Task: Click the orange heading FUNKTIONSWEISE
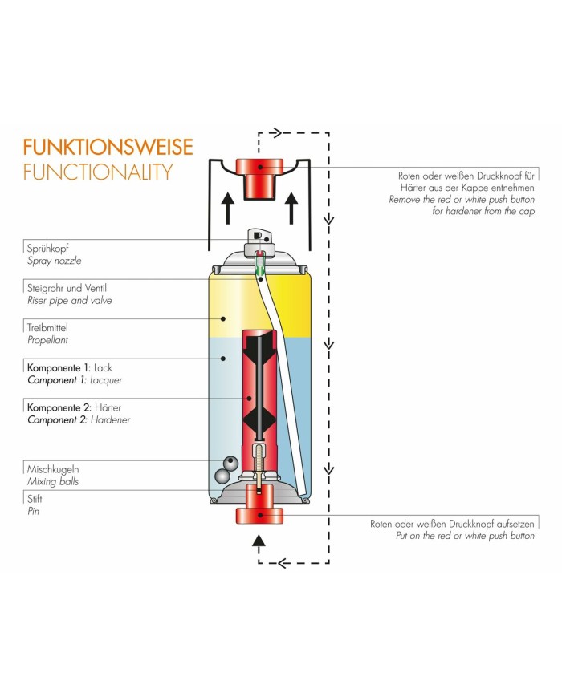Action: pyautogui.click(x=108, y=148)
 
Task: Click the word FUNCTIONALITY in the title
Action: pyautogui.click(x=98, y=171)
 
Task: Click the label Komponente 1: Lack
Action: pyautogui.click(x=70, y=367)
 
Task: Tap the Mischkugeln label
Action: pyautogui.click(x=53, y=468)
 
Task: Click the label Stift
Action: pyautogui.click(x=35, y=498)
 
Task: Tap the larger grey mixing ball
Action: pyautogui.click(x=232, y=464)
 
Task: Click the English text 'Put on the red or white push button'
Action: pyautogui.click(x=465, y=536)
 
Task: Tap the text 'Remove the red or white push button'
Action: pyautogui.click(x=461, y=198)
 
